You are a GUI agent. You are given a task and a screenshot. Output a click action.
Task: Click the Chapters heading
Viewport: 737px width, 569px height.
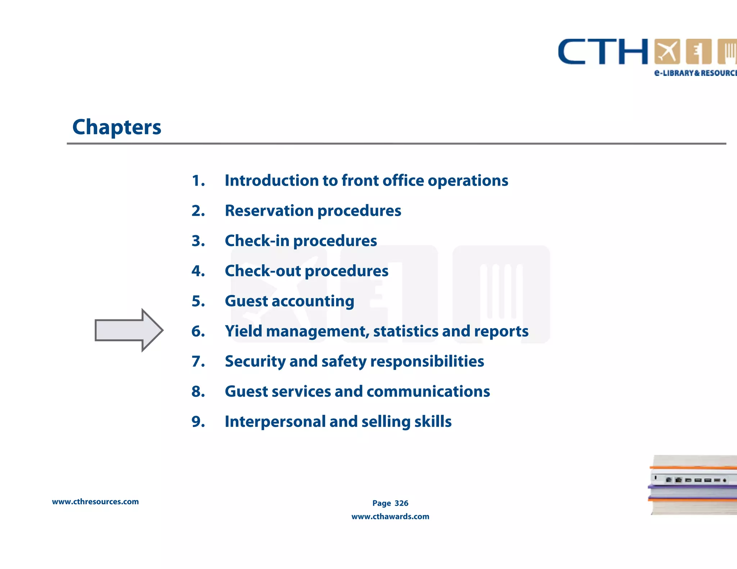pyautogui.click(x=117, y=127)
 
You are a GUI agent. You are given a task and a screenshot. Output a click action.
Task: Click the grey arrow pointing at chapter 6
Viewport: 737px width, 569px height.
pyautogui.click(x=128, y=330)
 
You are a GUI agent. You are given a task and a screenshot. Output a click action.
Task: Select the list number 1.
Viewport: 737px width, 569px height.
pyautogui.click(x=198, y=181)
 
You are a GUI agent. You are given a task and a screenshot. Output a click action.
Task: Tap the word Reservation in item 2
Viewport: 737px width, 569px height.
pyautogui.click(x=269, y=211)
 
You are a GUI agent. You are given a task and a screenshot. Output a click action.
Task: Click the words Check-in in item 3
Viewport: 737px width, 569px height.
pyautogui.click(x=257, y=241)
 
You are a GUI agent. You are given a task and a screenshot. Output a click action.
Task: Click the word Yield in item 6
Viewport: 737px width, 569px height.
pyautogui.click(x=244, y=331)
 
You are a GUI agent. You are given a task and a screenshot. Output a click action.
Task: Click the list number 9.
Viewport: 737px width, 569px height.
pyautogui.click(x=198, y=422)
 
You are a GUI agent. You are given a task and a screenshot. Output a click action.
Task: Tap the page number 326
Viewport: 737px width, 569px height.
pyautogui.click(x=401, y=503)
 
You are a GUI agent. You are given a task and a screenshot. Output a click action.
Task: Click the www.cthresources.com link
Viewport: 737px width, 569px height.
pyautogui.click(x=95, y=502)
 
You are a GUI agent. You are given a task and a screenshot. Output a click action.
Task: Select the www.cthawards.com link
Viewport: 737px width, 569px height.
pyautogui.click(x=390, y=516)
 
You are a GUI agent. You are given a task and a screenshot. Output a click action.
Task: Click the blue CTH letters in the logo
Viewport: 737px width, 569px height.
pyautogui.click(x=603, y=52)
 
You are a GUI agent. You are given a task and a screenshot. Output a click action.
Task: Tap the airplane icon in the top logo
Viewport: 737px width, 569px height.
pyautogui.click(x=667, y=52)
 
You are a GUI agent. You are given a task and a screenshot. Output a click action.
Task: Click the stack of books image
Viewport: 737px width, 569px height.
pyautogui.click(x=693, y=485)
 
